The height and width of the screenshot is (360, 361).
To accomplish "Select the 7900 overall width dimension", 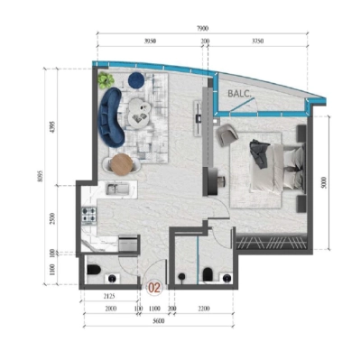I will click(x=204, y=30).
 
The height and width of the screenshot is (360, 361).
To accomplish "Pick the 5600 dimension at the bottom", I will click(x=158, y=323).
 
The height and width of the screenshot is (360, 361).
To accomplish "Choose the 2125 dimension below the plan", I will click(x=108, y=296).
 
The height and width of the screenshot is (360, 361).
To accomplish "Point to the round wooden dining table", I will click(x=121, y=163).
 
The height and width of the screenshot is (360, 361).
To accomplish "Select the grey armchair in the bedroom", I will click(x=226, y=136).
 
